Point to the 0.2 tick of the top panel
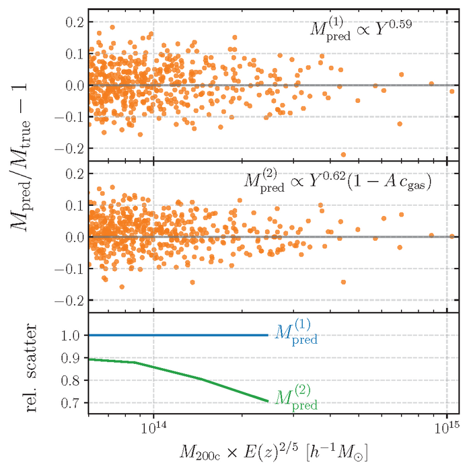(73, 22)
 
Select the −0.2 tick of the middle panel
(69, 300)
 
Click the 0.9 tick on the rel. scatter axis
(73, 357)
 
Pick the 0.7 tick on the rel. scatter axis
(73, 402)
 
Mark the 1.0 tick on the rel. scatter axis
(73, 335)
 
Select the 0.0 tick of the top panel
(73, 85)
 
